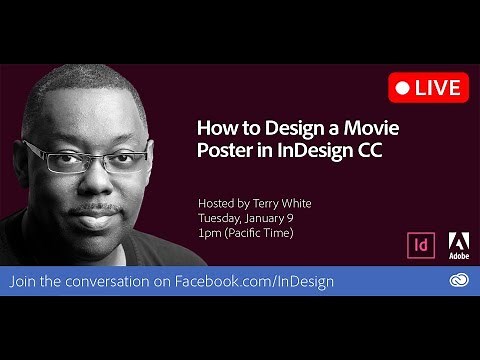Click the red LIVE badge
click(x=428, y=87)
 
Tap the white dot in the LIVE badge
click(x=403, y=88)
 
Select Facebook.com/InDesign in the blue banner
click(x=254, y=281)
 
